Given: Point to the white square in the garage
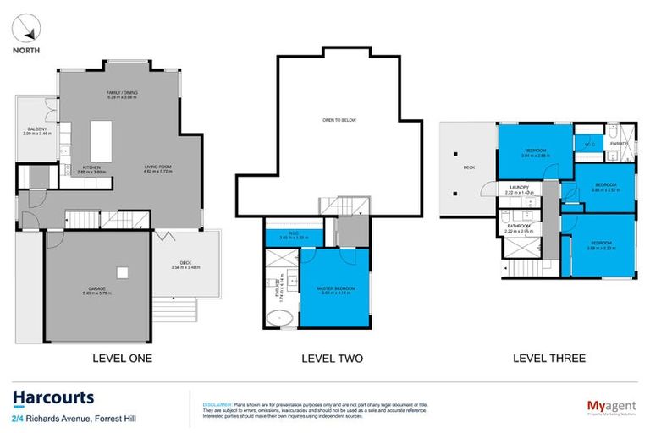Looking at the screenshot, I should click(124, 272).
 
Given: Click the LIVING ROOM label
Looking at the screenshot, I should click(158, 167).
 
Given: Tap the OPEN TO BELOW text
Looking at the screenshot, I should click(339, 120).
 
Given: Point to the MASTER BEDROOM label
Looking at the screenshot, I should click(337, 288).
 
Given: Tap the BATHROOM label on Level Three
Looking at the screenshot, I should click(519, 226).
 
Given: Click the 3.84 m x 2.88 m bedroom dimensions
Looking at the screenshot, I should click(535, 156).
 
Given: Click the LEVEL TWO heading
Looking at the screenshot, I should click(332, 359).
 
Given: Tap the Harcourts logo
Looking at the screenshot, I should click(52, 397).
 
